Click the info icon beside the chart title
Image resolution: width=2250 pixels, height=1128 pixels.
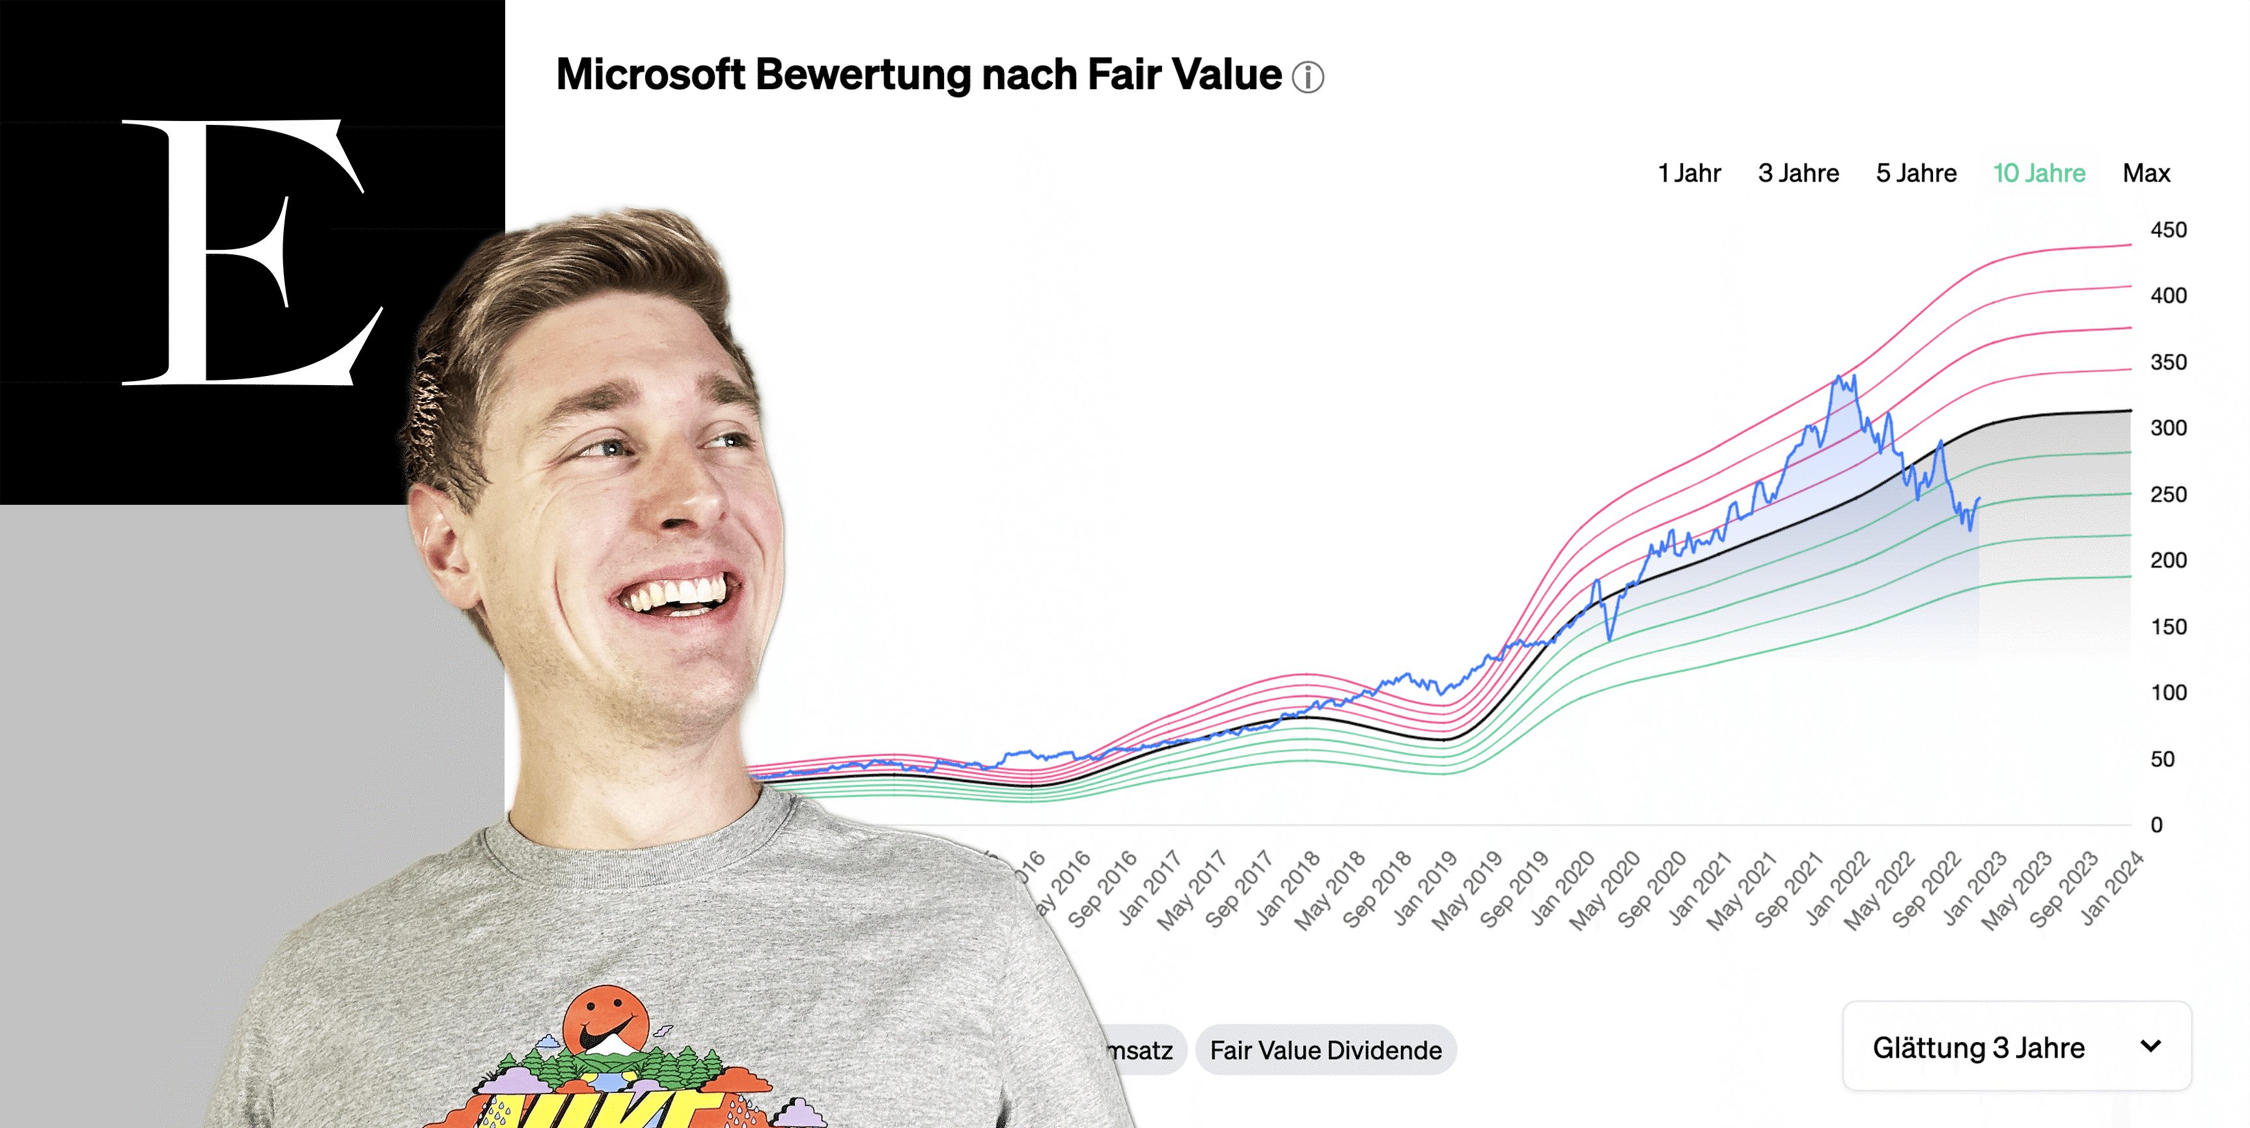(x=1307, y=77)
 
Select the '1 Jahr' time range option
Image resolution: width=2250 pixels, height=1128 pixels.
(x=1689, y=173)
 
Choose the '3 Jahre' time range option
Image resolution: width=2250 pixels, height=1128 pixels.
(x=1798, y=173)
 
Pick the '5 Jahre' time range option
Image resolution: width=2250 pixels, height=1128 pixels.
(x=1917, y=173)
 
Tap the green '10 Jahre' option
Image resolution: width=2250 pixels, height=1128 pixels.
(x=2038, y=173)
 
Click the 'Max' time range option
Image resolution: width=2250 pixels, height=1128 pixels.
(x=2146, y=173)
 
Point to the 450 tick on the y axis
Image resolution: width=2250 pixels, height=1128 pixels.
(x=2168, y=230)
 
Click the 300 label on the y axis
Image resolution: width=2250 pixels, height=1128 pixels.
(x=2168, y=428)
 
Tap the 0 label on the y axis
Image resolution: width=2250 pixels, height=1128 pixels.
(x=2156, y=825)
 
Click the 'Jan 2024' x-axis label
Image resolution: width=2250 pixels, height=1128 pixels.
(x=2112, y=888)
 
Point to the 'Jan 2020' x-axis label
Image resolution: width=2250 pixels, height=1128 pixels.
(x=1562, y=888)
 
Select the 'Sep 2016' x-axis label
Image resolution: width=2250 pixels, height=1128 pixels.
(x=1102, y=889)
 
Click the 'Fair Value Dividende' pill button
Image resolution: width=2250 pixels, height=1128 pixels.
(x=1325, y=1051)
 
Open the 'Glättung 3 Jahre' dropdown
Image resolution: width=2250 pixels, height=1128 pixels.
(x=2016, y=1047)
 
